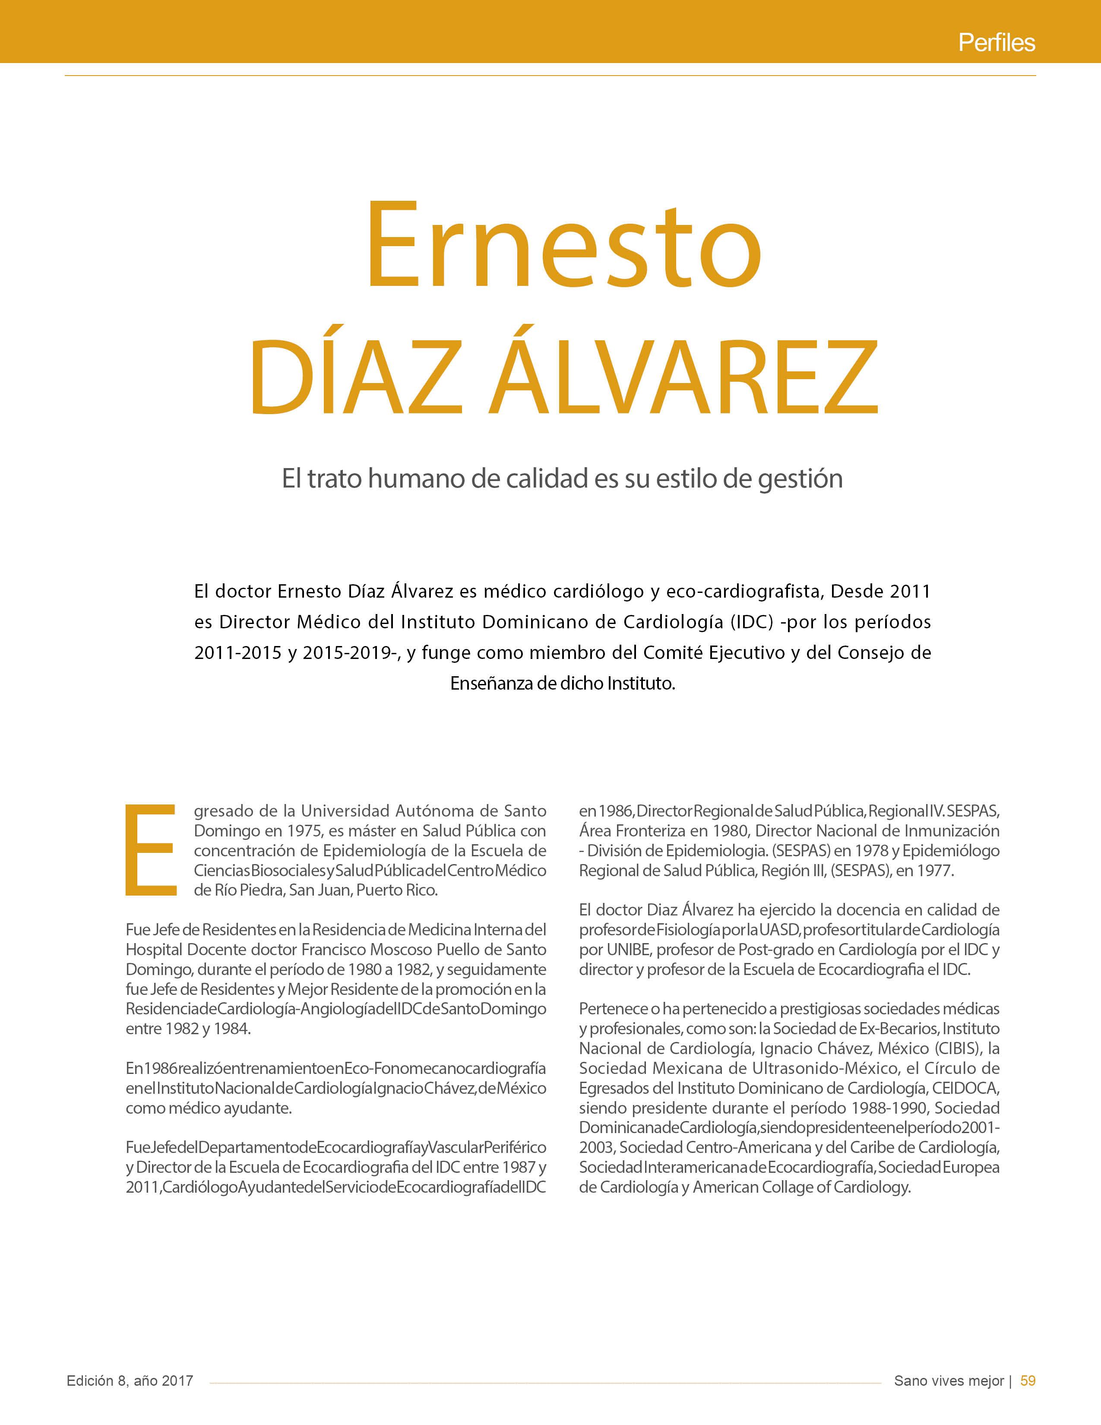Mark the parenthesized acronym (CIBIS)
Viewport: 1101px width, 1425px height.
point(957,1048)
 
